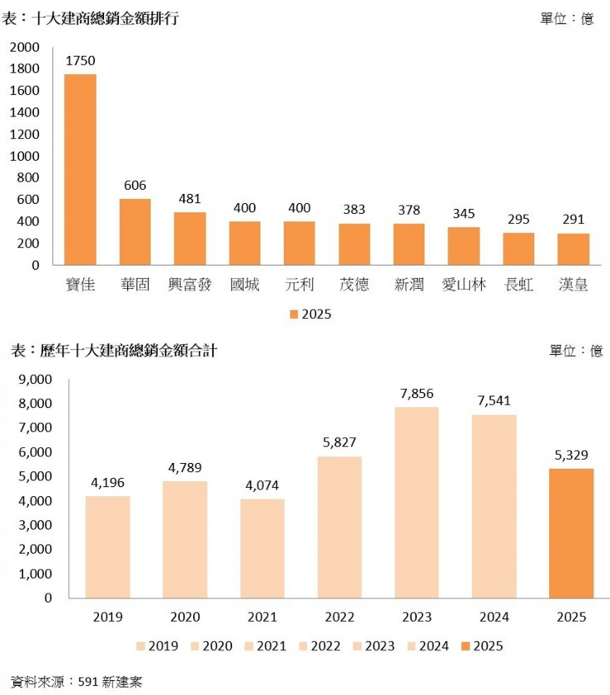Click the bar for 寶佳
pyautogui.click(x=80, y=169)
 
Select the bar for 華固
pyautogui.click(x=135, y=232)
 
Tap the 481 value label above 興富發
pyautogui.click(x=190, y=199)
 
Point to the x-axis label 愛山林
pyautogui.click(x=464, y=286)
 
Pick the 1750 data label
pyautogui.click(x=80, y=60)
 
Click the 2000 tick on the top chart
pyautogui.click(x=24, y=47)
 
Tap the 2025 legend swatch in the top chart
pyautogui.click(x=294, y=314)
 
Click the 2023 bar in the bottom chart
pyautogui.click(x=417, y=502)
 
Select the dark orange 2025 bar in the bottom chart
pyautogui.click(x=571, y=533)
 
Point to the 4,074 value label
pyautogui.click(x=262, y=485)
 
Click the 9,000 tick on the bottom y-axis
pyautogui.click(x=35, y=380)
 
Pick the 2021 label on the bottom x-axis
pyautogui.click(x=262, y=617)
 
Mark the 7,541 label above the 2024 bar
pyautogui.click(x=494, y=401)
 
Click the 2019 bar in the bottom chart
pyautogui.click(x=107, y=546)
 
